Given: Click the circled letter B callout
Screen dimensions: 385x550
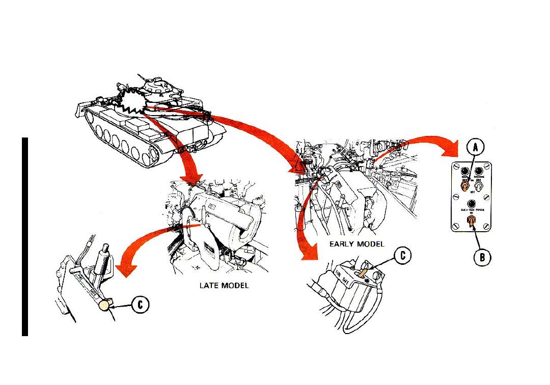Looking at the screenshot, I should pyautogui.click(x=482, y=257).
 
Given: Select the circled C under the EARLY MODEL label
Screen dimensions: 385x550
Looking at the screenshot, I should pyautogui.click(x=402, y=256).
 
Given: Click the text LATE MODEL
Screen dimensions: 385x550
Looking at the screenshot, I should pyautogui.click(x=224, y=286).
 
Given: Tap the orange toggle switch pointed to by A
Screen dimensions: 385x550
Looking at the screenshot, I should pyautogui.click(x=465, y=187).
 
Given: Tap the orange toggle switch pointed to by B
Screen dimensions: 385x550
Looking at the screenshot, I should pyautogui.click(x=472, y=221).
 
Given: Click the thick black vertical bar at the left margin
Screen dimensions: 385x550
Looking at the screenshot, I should pyautogui.click(x=24, y=236).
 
